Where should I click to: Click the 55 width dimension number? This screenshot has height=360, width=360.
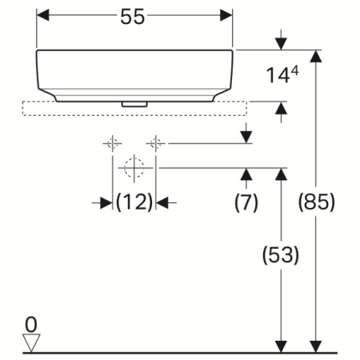coord(134,17)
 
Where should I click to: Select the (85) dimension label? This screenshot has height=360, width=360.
coord(317,201)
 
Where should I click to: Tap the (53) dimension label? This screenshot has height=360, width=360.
coord(281,255)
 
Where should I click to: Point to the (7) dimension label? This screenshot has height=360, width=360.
coord(246,202)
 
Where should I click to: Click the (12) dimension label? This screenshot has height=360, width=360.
coord(134,202)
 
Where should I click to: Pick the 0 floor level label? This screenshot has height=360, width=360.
coord(30,324)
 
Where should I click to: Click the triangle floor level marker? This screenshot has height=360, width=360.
coord(31,342)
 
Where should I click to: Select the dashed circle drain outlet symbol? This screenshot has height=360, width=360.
coord(134,168)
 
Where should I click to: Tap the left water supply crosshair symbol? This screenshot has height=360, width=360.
coord(112,143)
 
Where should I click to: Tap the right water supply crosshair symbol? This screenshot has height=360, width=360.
coord(155,143)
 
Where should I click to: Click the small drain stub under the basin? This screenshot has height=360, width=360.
coord(134,103)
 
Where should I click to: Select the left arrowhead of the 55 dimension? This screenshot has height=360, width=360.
coord(44,16)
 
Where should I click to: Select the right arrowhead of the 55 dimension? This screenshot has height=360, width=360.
coord(226,16)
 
